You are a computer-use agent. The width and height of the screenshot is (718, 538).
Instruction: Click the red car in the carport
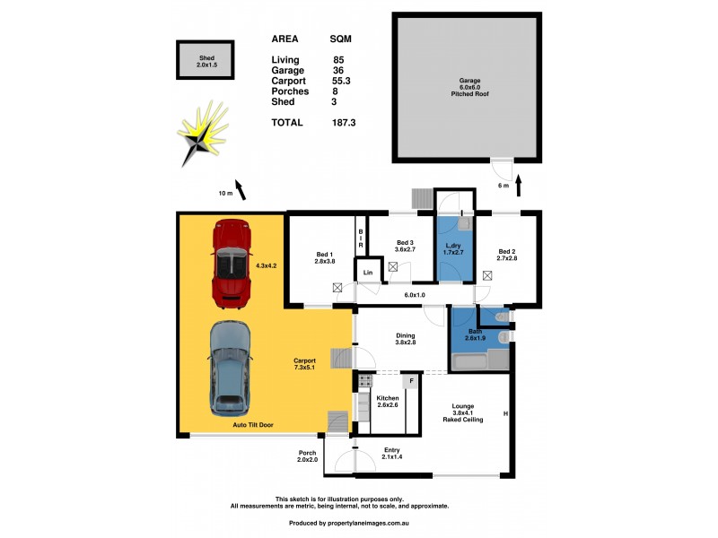click(x=230, y=263)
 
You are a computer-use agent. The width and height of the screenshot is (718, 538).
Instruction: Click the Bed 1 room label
click(x=325, y=257)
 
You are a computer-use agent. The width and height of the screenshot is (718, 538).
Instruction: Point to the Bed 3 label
click(x=405, y=247)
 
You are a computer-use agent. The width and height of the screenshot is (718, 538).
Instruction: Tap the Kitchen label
click(x=388, y=402)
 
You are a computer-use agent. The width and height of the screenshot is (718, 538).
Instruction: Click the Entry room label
click(x=390, y=454)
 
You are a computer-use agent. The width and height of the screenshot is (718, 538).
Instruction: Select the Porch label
click(x=307, y=457)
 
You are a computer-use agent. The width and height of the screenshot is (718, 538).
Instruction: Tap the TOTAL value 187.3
click(x=344, y=123)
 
